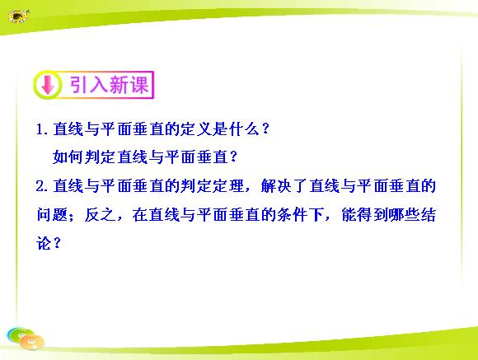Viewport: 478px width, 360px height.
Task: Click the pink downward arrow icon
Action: (48, 85)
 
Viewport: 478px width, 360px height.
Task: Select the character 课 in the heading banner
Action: (139, 84)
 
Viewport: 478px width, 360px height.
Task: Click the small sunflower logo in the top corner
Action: (18, 16)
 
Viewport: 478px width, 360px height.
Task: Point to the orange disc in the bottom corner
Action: (32, 342)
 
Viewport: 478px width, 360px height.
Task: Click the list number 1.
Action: (41, 129)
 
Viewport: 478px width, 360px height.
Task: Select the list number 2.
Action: (41, 186)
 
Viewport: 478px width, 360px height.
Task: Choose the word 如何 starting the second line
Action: (68, 157)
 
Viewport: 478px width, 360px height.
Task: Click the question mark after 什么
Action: (265, 129)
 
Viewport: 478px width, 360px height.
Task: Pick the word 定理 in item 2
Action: (228, 186)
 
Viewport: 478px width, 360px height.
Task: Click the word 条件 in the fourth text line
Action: (293, 214)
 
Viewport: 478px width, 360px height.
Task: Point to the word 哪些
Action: (405, 214)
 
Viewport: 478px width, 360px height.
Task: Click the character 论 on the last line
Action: (45, 243)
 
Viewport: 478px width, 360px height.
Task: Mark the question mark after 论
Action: (57, 243)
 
